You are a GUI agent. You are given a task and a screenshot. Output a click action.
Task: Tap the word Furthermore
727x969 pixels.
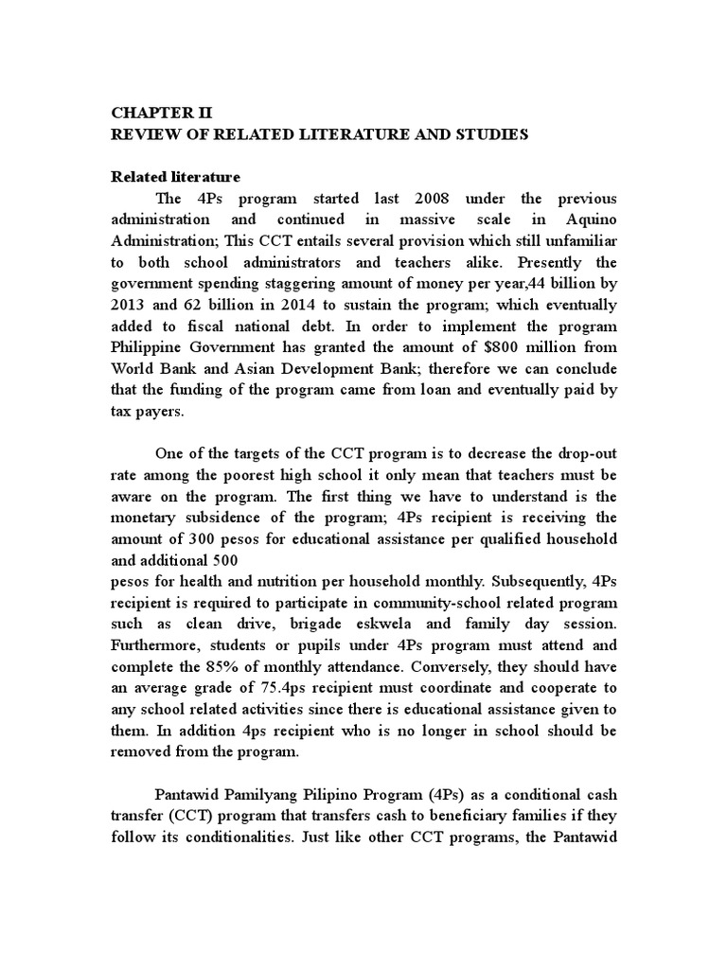click(157, 645)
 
